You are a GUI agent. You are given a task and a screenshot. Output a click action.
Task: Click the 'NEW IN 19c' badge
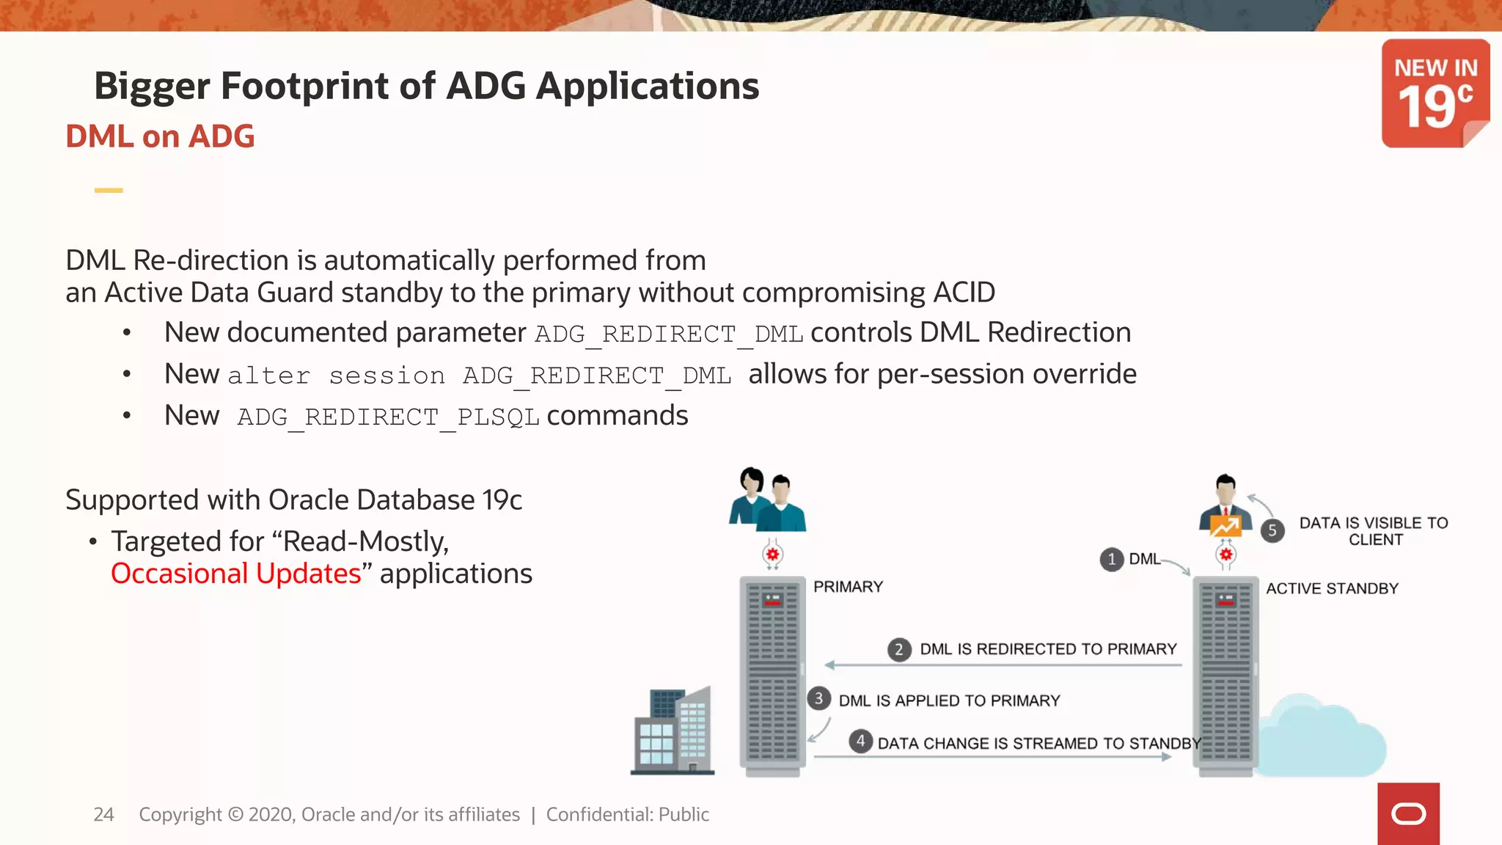(1435, 93)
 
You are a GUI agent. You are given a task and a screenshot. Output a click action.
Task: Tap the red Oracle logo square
(1408, 813)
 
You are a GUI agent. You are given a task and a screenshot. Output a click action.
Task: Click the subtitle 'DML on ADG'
(160, 136)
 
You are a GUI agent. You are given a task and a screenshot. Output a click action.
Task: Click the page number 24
(103, 814)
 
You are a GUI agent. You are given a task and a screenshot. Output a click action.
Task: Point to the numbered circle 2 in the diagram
(899, 649)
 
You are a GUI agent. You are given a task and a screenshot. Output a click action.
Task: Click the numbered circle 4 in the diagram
(860, 741)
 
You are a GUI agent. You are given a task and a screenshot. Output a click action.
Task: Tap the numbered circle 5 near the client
(1272, 530)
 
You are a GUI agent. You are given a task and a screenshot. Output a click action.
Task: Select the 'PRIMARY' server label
(848, 587)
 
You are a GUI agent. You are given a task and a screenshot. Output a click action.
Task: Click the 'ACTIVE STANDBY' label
(1332, 588)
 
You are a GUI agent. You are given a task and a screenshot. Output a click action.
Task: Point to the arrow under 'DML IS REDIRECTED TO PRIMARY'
(1003, 665)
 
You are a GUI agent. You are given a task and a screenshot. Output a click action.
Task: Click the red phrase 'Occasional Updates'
(236, 574)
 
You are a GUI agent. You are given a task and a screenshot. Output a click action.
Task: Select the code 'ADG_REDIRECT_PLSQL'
(388, 417)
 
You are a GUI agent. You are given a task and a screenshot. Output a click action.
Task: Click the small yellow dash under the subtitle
(109, 190)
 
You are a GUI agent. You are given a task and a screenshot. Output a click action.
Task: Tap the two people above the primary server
(767, 501)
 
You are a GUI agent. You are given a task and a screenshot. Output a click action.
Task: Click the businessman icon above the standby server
(1225, 506)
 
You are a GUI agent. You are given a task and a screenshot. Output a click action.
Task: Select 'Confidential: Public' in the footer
(627, 814)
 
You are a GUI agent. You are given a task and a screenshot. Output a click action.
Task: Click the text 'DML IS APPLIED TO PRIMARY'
(949, 700)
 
